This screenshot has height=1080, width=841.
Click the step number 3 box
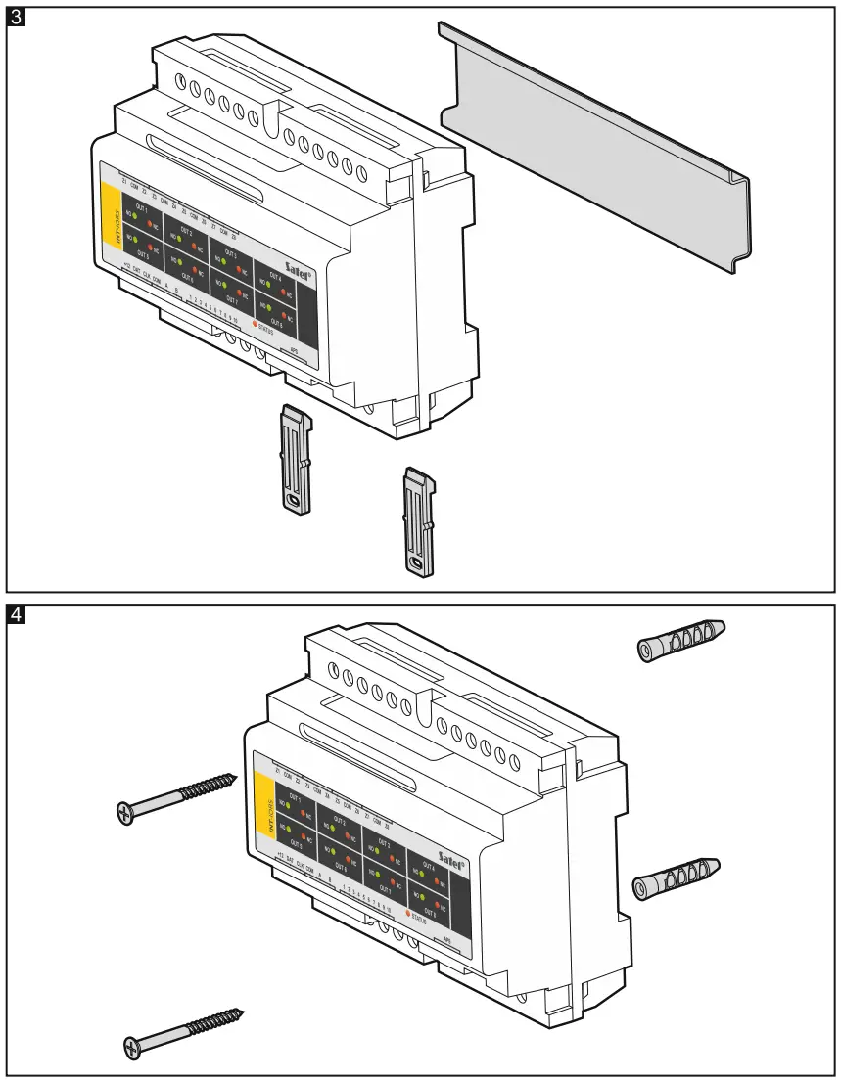[x=16, y=17]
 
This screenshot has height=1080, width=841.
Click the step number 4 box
[x=16, y=615]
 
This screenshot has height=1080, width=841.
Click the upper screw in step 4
[x=177, y=796]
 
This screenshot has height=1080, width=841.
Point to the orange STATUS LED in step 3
[x=256, y=324]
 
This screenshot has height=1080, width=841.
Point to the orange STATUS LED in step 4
[x=406, y=913]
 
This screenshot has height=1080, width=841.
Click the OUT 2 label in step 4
[x=339, y=820]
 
